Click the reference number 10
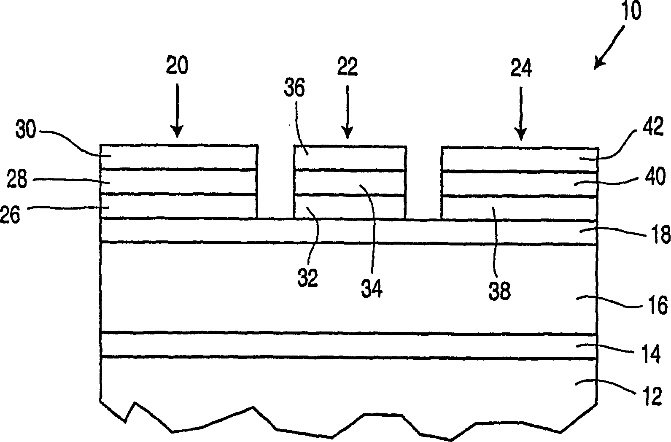(x=630, y=12)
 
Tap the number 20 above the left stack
(x=177, y=66)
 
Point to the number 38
(x=499, y=291)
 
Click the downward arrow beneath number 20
(x=177, y=110)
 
